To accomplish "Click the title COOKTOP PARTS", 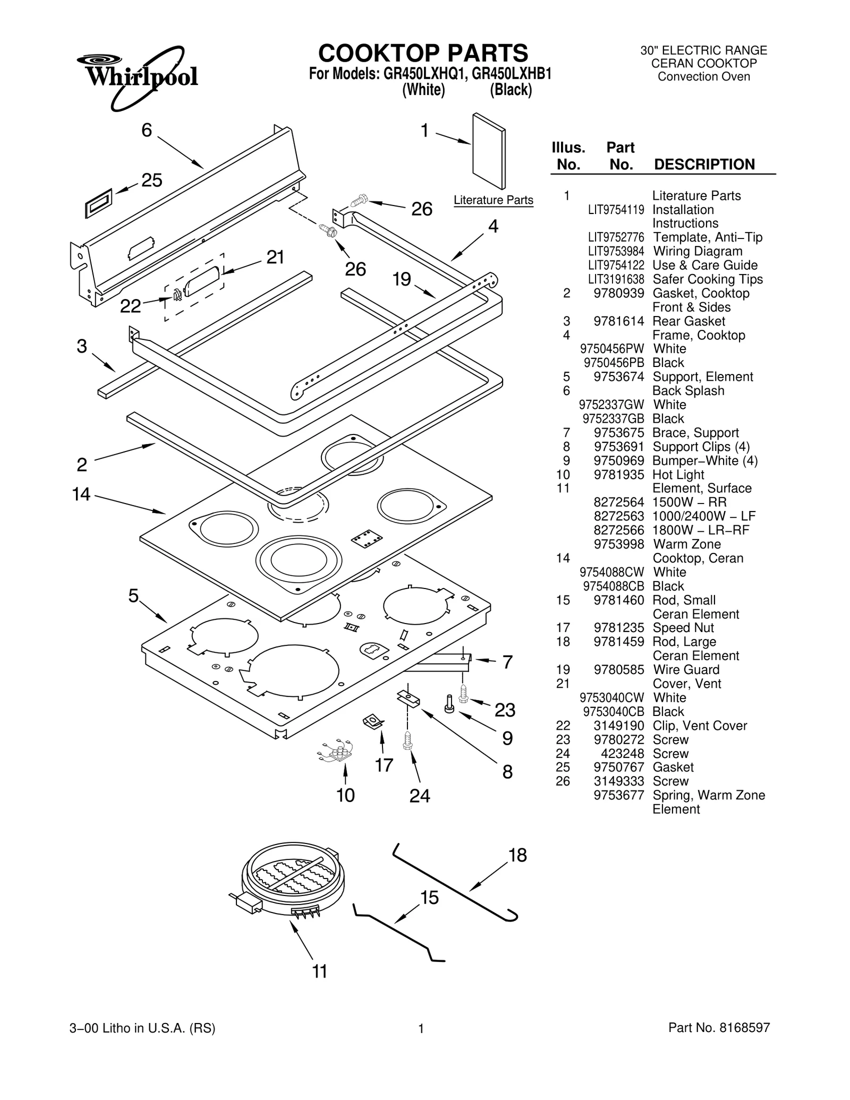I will pos(423,53).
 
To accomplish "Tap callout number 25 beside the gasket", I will pos(151,181).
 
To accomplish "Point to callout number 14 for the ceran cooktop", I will pos(81,494).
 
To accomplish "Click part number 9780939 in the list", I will pos(618,293).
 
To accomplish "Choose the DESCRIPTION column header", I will pos(704,164).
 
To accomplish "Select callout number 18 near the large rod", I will pos(517,855).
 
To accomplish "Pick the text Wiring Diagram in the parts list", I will pos(697,251).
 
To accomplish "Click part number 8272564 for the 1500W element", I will pos(618,502).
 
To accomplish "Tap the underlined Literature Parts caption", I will pos(493,200).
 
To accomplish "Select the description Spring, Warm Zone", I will pos(709,795).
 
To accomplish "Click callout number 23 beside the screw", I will pos(505,710).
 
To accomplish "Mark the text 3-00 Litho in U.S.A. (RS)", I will pos(142,1028).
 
